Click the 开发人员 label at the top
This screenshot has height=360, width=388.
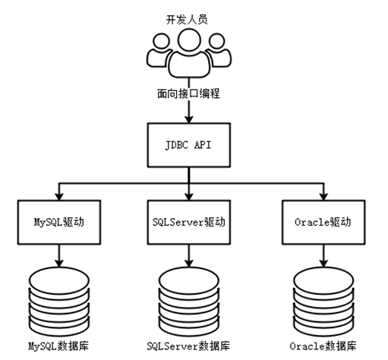[187, 20]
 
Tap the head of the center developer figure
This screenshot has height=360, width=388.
[189, 40]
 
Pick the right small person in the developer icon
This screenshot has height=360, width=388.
[219, 50]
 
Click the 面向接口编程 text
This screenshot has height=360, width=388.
[188, 93]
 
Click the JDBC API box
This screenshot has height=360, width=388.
[189, 145]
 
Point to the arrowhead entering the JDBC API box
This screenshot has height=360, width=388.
[189, 119]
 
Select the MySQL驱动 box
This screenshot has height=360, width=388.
[59, 223]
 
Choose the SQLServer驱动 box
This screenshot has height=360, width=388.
[189, 223]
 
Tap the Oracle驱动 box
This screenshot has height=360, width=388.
[323, 223]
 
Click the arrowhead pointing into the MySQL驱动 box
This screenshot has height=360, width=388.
[59, 197]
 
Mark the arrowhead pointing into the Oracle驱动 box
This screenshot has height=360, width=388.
[323, 197]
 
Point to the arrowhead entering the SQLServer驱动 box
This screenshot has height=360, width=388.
[189, 197]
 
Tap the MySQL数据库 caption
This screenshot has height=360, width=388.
[58, 346]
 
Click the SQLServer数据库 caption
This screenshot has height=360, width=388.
[188, 346]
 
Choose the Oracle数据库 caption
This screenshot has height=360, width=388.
[323, 346]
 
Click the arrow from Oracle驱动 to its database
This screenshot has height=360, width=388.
[323, 256]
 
